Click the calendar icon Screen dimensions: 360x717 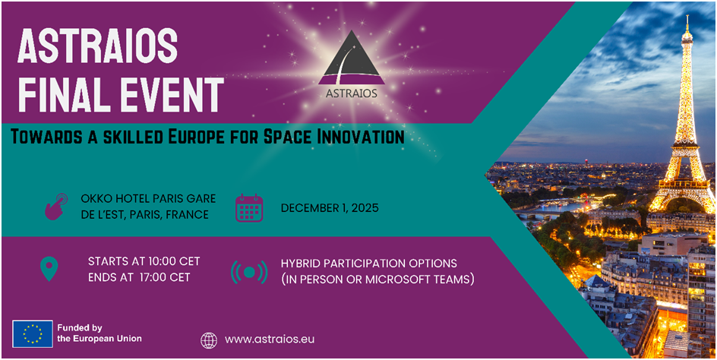(248, 207)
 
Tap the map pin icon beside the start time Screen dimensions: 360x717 (49, 269)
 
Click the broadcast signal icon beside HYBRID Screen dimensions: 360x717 (248, 271)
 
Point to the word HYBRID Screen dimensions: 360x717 (302, 263)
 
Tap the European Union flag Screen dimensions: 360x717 (33, 333)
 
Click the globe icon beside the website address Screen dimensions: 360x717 (209, 339)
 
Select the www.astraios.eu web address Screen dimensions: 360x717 (270, 339)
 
